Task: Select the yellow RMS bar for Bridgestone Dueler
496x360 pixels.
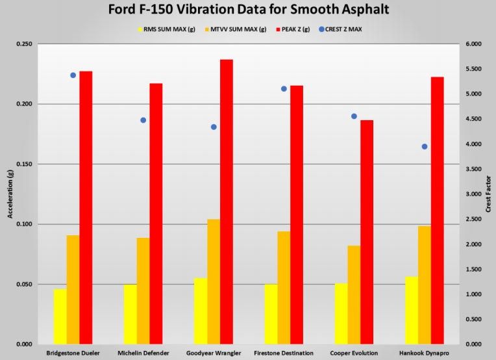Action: coord(60,316)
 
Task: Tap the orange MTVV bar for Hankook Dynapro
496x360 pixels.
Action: coord(424,285)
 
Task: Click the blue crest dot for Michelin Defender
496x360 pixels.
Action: coord(143,120)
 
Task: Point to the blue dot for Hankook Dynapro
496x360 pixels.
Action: coord(425,147)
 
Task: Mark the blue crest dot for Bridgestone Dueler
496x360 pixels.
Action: coord(73,75)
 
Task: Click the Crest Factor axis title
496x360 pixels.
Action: coord(488,194)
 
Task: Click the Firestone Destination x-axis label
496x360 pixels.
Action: coord(284,353)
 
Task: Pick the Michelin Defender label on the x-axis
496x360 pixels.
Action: coord(143,353)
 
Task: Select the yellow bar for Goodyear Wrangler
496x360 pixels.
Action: coord(201,311)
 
